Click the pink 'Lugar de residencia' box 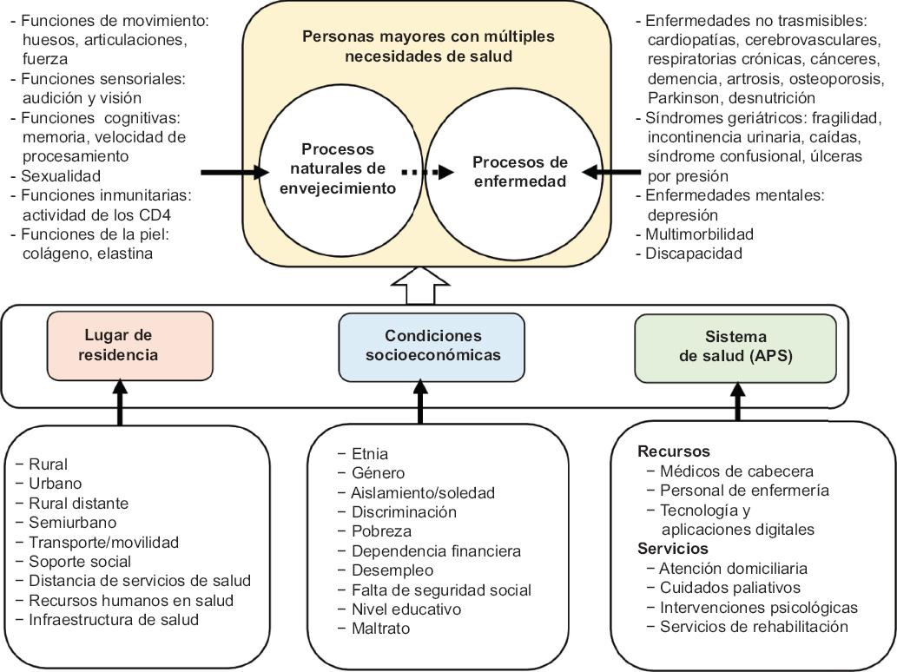coord(129,345)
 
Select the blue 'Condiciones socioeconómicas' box coord(432,346)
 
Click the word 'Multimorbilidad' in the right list coord(700,234)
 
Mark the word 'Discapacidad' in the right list coord(695,254)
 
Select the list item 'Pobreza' coord(381,531)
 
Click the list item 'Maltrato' coord(380,628)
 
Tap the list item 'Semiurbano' coord(72,523)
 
